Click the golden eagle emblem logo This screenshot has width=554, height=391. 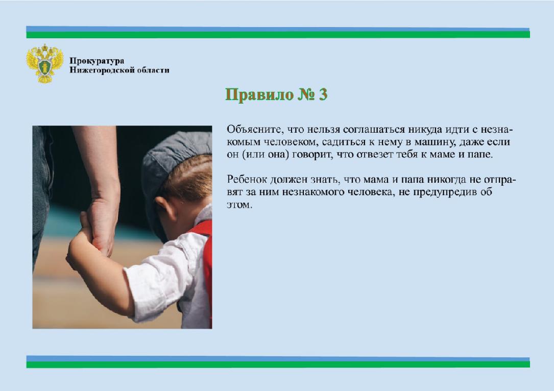[x=45, y=64]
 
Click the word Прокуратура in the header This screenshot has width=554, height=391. [x=97, y=61]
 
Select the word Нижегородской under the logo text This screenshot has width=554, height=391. [x=103, y=70]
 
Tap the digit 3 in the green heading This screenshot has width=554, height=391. [x=323, y=94]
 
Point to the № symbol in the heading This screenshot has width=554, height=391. [x=306, y=94]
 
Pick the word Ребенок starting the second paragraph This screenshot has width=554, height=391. [x=247, y=180]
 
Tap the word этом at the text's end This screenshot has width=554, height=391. [x=239, y=205]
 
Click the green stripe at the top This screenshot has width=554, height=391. [x=278, y=35]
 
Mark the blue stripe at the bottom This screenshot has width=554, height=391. [x=278, y=358]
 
